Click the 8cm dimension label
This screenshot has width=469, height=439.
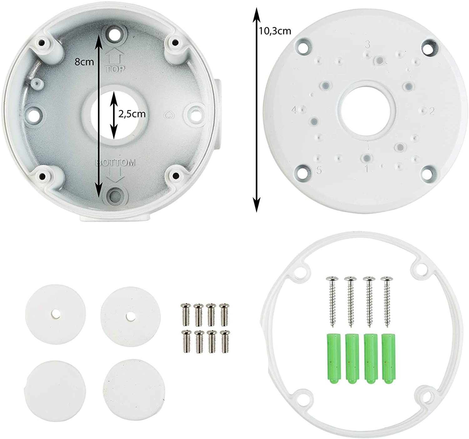(x=84, y=62)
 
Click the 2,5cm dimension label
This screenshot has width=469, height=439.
(x=132, y=114)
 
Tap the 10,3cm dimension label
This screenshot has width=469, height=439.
(x=275, y=31)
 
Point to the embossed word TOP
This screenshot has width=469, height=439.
(x=115, y=69)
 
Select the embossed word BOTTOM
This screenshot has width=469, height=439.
(x=115, y=163)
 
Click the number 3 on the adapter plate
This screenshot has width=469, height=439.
(x=367, y=44)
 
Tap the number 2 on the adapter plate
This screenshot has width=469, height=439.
(x=432, y=111)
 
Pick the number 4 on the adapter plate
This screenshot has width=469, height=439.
(x=294, y=110)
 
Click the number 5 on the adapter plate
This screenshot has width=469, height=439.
(x=319, y=170)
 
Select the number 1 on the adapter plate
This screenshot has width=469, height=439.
(x=367, y=169)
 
